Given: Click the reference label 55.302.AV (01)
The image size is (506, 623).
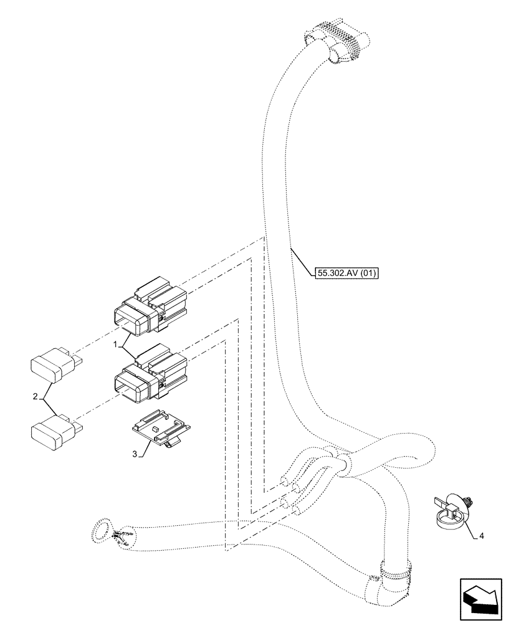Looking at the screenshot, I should pos(347,272).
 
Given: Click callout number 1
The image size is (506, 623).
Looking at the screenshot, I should pos(115,344).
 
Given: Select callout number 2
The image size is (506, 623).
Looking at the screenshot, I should pos(36,396).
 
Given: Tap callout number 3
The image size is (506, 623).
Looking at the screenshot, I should pos(135,454).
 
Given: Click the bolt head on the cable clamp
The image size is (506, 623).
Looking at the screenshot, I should pos(468,500).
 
